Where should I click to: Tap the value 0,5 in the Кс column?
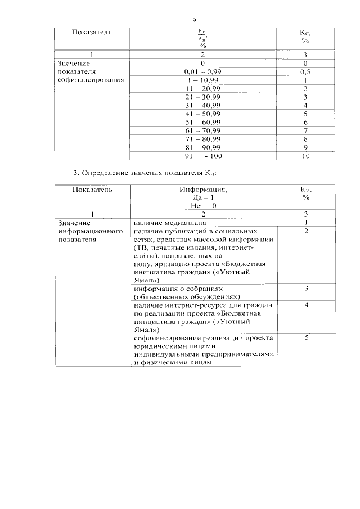[x=305, y=72]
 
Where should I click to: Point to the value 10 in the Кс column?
[x=305, y=156]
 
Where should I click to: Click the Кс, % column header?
[x=305, y=37]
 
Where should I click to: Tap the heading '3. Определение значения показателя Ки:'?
[x=145, y=172]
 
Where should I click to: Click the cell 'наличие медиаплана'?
[x=167, y=223]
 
